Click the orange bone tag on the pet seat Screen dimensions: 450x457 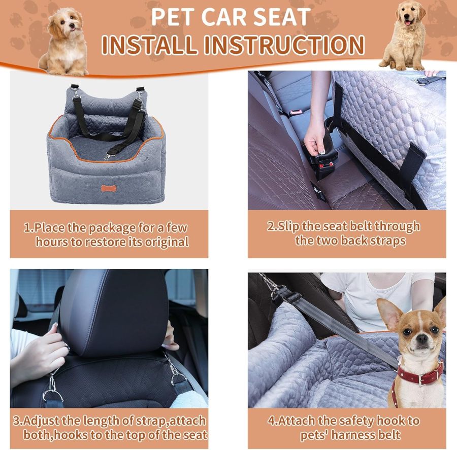pos(108,188)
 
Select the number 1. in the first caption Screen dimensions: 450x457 pos(28,227)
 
